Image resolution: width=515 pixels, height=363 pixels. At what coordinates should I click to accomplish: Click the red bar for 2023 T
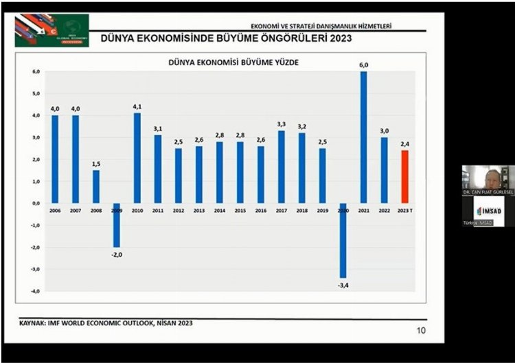(x=404, y=176)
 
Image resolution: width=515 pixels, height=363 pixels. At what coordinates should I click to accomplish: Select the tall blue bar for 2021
(x=363, y=137)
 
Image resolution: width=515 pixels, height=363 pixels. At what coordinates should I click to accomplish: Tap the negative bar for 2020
(x=343, y=240)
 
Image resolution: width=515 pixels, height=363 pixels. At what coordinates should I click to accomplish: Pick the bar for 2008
(x=96, y=187)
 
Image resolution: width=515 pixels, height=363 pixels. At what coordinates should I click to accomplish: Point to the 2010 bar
(x=137, y=158)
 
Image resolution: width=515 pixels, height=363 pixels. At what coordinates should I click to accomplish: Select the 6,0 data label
(x=363, y=65)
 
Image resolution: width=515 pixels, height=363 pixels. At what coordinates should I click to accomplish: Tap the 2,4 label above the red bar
(x=404, y=144)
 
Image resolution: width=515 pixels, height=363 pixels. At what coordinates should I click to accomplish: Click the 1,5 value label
(x=96, y=164)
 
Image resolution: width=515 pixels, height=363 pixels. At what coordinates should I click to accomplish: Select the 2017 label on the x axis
(x=281, y=210)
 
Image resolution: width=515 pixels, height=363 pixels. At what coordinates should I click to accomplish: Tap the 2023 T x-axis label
(x=405, y=210)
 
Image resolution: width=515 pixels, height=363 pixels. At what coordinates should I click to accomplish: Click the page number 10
(x=422, y=331)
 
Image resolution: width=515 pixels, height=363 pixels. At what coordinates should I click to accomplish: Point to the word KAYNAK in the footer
(x=32, y=323)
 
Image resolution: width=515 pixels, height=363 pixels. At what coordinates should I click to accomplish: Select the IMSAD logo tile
(x=488, y=211)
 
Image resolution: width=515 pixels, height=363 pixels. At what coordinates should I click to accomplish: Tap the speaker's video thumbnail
(x=488, y=180)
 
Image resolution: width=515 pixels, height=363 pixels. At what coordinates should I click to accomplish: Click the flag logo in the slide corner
(x=51, y=30)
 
